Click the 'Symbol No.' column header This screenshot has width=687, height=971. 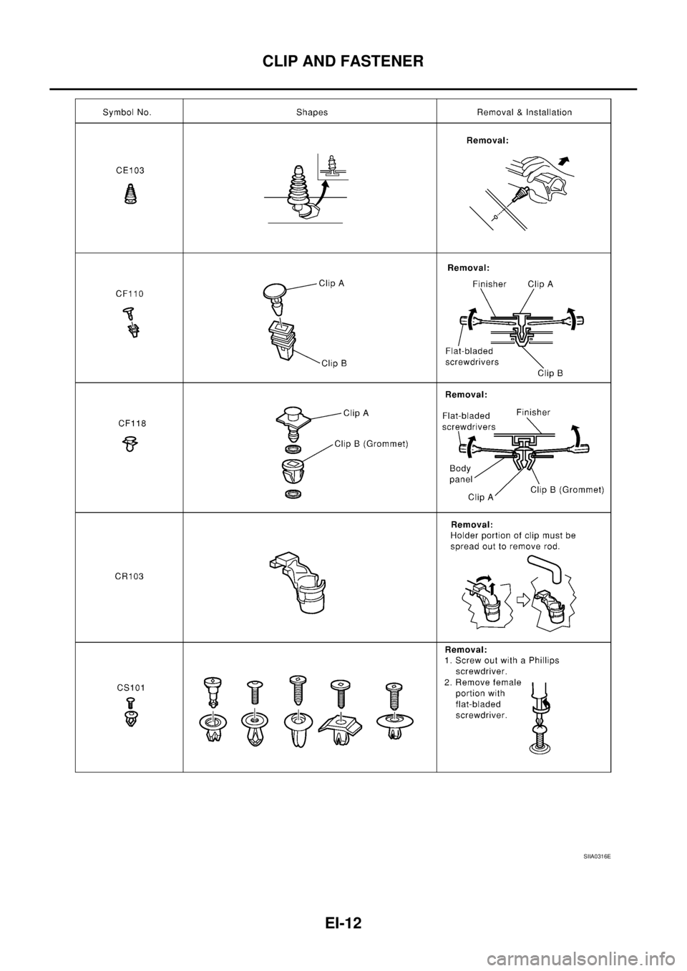point(127,112)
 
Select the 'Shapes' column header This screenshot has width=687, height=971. point(312,112)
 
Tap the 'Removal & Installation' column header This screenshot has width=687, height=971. point(524,112)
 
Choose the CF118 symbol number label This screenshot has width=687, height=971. point(132,423)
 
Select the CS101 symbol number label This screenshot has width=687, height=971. point(131,687)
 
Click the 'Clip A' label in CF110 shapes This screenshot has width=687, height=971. point(331,283)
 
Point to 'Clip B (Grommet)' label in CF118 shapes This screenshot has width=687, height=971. point(371,444)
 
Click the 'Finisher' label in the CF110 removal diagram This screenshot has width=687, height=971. point(489,284)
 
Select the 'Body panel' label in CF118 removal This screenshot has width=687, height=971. point(460,474)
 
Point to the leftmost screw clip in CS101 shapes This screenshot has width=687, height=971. point(212,711)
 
